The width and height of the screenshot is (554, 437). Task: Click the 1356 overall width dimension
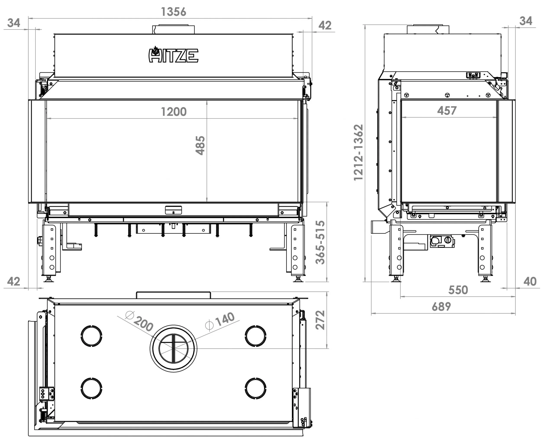[174, 12]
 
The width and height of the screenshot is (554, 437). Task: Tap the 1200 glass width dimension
[174, 112]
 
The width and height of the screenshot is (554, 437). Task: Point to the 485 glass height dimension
[200, 145]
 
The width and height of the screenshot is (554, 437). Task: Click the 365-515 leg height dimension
[320, 242]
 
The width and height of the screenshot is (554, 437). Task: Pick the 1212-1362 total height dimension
[358, 153]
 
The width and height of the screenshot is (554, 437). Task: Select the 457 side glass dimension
[447, 110]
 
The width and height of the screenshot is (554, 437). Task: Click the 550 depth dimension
[458, 290]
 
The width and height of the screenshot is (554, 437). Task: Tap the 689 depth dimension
[441, 306]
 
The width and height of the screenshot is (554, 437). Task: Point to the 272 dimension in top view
[320, 320]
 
